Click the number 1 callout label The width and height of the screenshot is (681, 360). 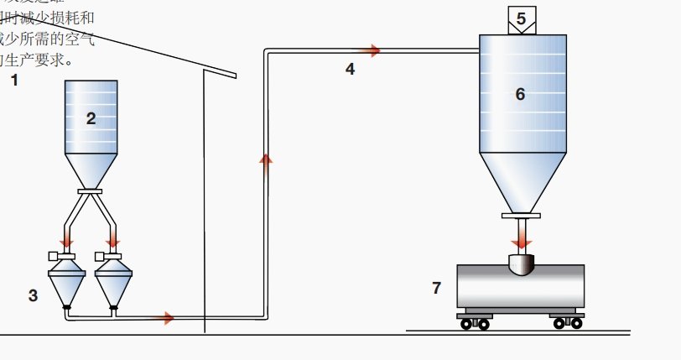(x=13, y=81)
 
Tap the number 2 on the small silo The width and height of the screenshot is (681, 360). (x=91, y=118)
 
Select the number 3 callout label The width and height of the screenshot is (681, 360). (x=33, y=295)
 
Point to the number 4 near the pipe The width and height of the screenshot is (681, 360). (x=350, y=69)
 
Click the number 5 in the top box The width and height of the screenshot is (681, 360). (x=521, y=18)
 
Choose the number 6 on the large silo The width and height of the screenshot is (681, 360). (x=520, y=94)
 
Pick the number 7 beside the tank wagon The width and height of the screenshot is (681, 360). (x=436, y=288)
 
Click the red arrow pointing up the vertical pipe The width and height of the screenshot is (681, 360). (x=266, y=161)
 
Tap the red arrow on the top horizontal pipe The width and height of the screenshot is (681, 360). (x=371, y=51)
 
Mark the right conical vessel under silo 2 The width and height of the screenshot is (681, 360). (x=114, y=282)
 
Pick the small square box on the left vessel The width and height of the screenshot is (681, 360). (x=53, y=254)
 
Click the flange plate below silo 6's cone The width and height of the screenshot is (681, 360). (x=521, y=216)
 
